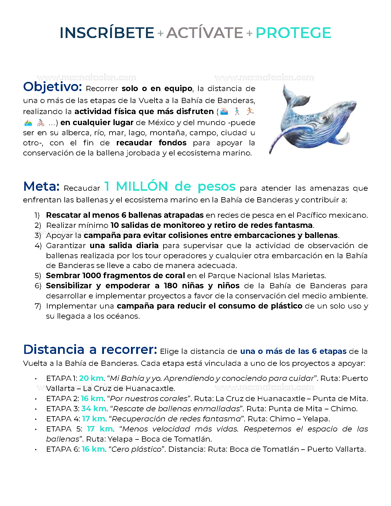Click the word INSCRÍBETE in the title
[x=107, y=33]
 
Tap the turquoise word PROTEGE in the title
[x=293, y=33]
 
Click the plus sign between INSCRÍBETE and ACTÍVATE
[x=160, y=33]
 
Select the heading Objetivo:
[x=52, y=87]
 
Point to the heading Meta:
[x=41, y=186]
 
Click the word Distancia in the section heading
[x=54, y=350]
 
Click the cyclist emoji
[x=40, y=123]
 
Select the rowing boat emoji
[x=28, y=123]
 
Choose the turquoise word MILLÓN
[x=142, y=186]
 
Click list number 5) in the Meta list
[x=38, y=276]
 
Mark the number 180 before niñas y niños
[x=171, y=286]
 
